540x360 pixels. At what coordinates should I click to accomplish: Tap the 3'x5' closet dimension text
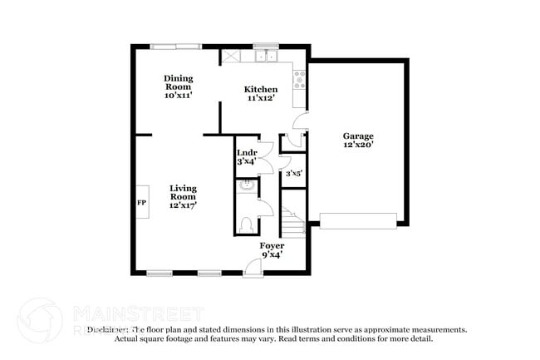click(293, 174)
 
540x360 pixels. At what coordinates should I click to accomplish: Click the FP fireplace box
click(141, 203)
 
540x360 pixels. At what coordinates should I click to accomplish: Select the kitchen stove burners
click(299, 80)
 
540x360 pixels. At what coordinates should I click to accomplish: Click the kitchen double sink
click(266, 57)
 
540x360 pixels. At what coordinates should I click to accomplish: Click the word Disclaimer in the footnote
click(107, 329)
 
